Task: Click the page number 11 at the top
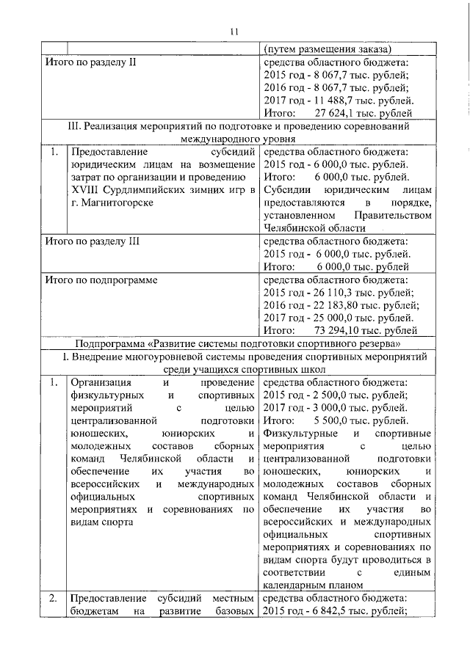tap(234, 31)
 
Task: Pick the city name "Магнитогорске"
tap(119, 203)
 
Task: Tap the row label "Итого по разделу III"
tap(93, 241)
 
